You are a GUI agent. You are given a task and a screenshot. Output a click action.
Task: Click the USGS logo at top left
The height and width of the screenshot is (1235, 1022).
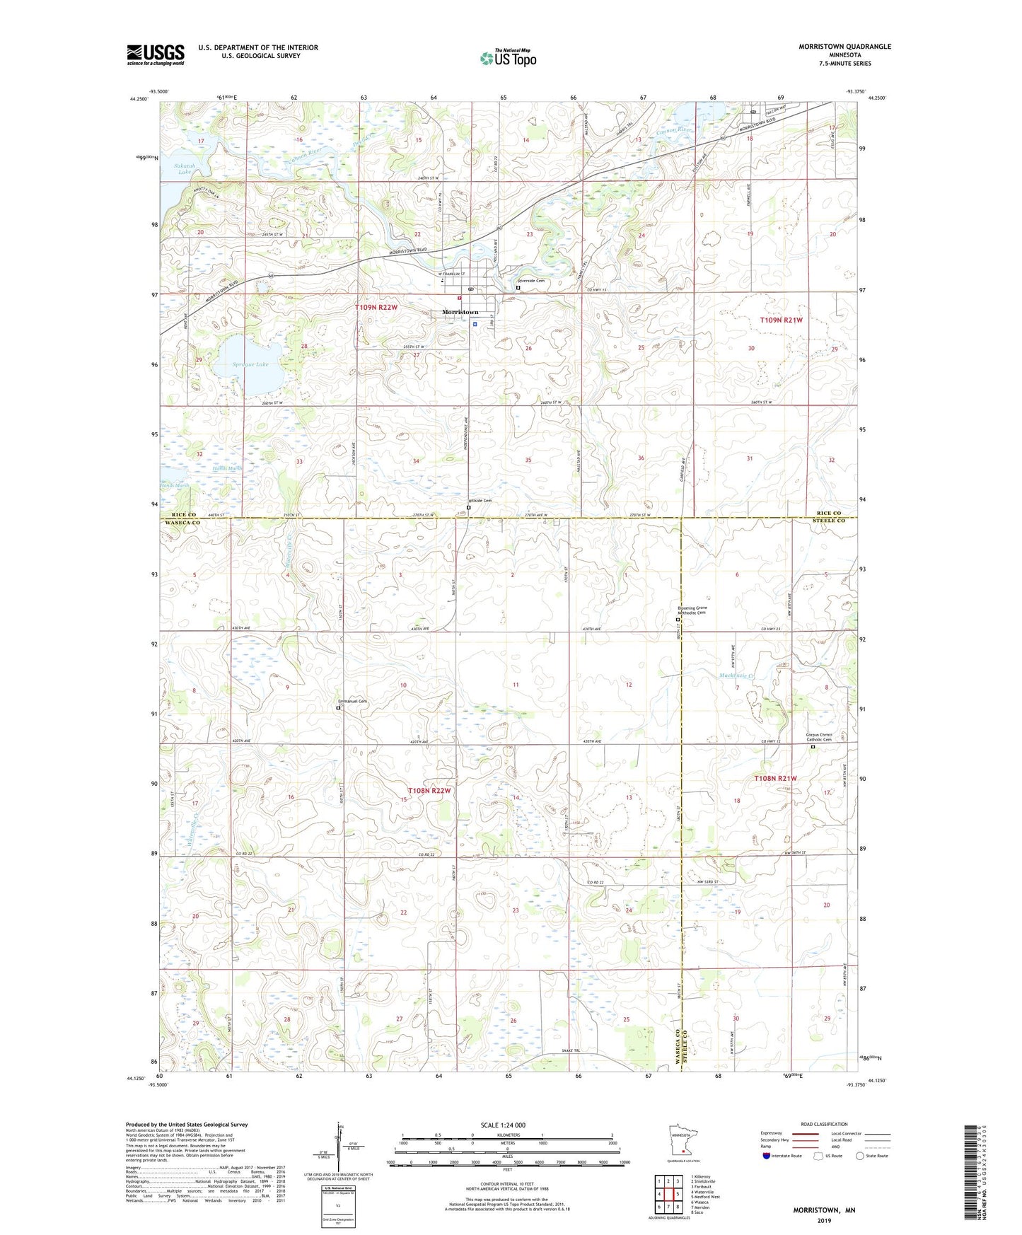click(x=156, y=54)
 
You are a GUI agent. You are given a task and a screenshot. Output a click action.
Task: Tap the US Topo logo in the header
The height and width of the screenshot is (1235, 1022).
click(x=507, y=57)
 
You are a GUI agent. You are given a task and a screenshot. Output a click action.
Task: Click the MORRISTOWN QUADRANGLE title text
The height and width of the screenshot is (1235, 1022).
click(x=844, y=47)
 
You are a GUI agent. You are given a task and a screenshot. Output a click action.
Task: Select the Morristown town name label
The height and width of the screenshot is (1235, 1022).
click(x=460, y=312)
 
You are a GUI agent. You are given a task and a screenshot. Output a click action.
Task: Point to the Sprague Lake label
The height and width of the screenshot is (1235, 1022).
click(x=250, y=364)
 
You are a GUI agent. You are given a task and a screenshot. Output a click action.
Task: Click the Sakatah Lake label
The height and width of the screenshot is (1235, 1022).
click(x=184, y=168)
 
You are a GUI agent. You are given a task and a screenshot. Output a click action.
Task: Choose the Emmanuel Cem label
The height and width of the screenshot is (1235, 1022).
click(x=352, y=701)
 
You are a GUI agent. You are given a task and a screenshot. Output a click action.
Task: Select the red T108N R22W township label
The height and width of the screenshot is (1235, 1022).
click(x=429, y=790)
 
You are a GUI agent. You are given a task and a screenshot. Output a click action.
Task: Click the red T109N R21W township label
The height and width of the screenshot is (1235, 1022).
click(x=782, y=320)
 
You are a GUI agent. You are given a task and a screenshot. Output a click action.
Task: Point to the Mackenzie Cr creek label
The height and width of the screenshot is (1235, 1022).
click(x=738, y=676)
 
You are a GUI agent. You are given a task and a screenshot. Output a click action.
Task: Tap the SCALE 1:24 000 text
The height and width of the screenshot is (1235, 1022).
click(x=503, y=1125)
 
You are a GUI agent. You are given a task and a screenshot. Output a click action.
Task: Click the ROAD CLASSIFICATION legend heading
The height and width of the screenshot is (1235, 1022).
click(x=824, y=1124)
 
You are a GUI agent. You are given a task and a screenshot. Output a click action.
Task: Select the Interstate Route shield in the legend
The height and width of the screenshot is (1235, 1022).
click(x=767, y=1156)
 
